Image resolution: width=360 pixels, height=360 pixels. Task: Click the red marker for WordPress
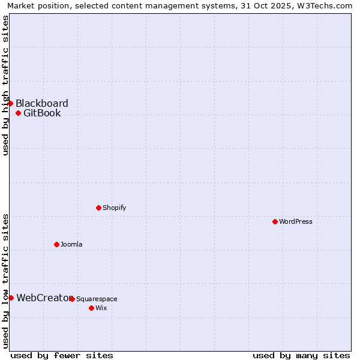click(275, 221)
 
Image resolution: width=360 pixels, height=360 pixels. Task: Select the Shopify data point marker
click(98, 208)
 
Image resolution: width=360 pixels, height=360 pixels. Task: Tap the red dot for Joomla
click(56, 244)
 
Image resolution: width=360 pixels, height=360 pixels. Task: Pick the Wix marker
click(91, 308)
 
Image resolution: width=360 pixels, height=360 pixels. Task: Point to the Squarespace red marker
click(72, 299)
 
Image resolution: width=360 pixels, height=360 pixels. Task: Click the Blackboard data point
click(10, 103)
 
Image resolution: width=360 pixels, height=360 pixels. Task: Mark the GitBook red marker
click(18, 113)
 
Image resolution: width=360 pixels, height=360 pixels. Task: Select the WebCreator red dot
click(11, 298)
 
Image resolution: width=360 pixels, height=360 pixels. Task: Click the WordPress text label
click(296, 221)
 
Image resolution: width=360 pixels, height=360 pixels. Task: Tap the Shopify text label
click(114, 208)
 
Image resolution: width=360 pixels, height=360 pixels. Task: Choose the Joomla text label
click(71, 244)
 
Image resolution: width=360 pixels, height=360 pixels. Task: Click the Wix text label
click(101, 308)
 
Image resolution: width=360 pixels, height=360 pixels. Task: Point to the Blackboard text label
click(42, 103)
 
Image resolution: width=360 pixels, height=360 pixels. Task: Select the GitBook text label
click(42, 113)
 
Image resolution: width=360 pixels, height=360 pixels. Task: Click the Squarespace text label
click(97, 299)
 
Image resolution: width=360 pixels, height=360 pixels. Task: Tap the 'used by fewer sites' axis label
click(62, 355)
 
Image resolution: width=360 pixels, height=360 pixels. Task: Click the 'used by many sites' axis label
click(301, 355)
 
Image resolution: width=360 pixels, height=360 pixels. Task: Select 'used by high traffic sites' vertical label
click(5, 85)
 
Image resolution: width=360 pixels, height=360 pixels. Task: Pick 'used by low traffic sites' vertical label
click(5, 280)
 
